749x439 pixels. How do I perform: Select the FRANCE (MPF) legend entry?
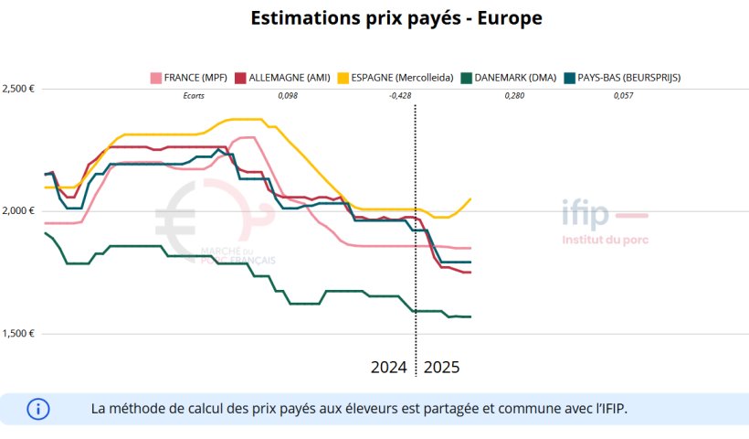(188, 78)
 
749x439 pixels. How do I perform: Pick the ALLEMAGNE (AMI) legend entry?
(284, 78)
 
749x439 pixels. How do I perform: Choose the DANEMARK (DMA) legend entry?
(509, 78)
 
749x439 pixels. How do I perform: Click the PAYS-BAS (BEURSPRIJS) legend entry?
(622, 78)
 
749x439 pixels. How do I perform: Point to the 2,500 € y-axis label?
(19, 89)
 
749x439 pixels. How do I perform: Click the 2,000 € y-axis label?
(19, 210)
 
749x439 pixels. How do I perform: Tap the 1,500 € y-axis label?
(19, 333)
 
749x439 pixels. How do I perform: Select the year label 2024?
(389, 368)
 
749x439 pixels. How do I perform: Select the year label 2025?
(442, 368)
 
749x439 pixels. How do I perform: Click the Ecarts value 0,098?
(287, 95)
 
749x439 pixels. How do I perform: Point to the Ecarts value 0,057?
(623, 95)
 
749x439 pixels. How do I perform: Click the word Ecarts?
(194, 95)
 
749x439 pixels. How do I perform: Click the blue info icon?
(38, 409)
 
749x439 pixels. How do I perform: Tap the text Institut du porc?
(606, 241)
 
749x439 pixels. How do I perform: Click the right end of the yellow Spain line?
(470, 199)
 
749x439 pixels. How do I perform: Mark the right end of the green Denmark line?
(470, 316)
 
